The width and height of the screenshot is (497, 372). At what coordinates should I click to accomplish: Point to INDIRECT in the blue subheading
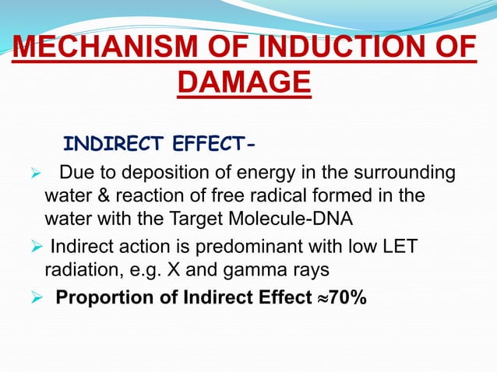pos(109,144)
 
